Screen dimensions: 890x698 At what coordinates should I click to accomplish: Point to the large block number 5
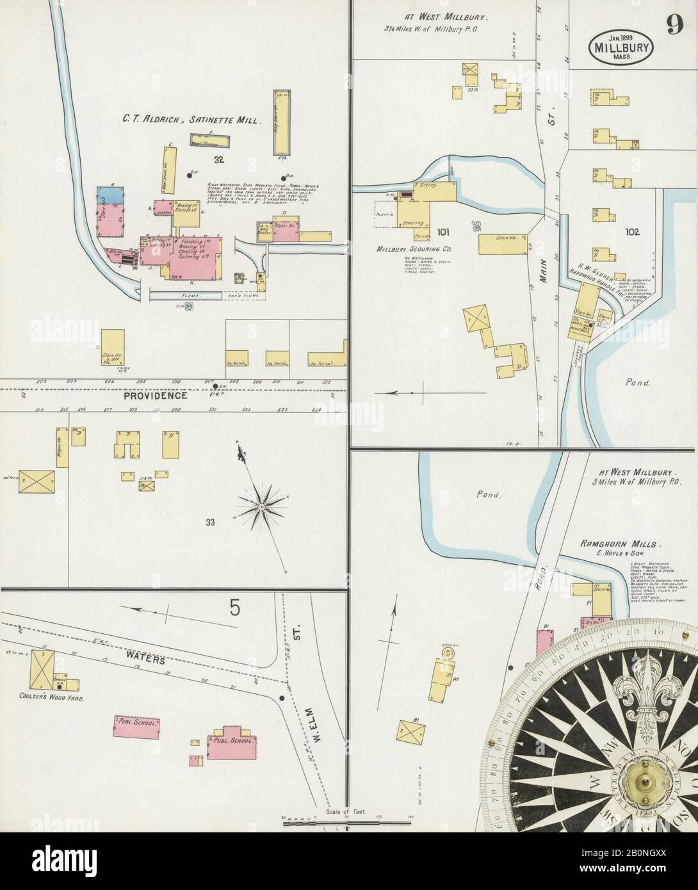coord(234,606)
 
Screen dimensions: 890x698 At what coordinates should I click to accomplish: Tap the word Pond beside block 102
coord(638,383)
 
